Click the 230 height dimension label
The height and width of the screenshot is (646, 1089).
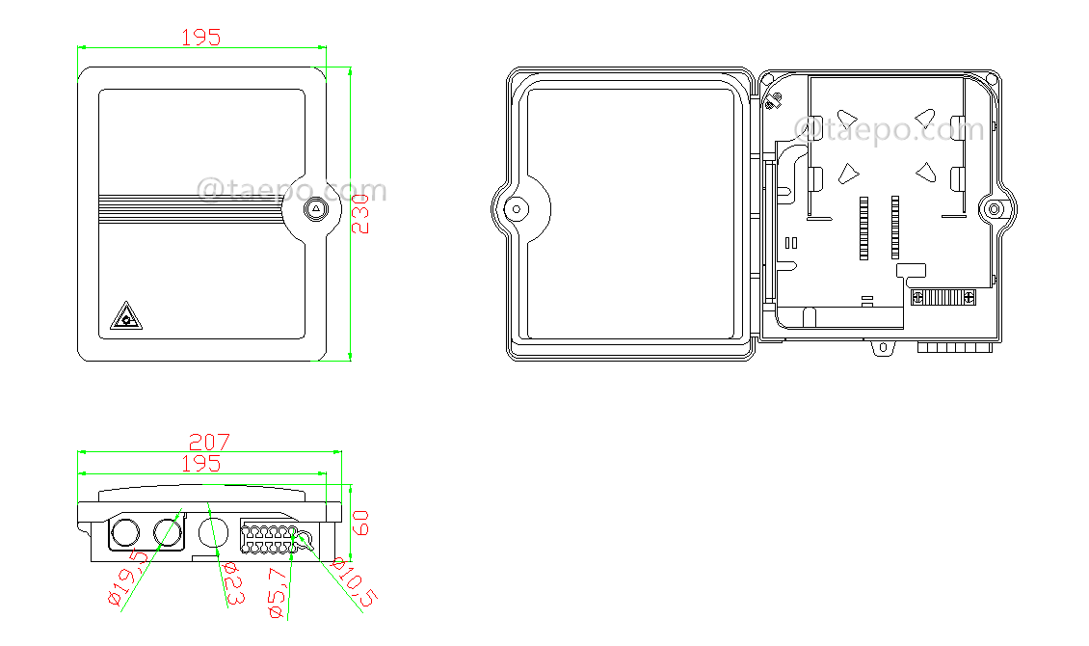pyautogui.click(x=360, y=213)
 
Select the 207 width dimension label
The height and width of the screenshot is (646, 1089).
pyautogui.click(x=209, y=442)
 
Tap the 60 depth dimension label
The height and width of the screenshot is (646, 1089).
pyautogui.click(x=360, y=524)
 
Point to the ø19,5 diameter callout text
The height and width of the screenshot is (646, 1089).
pyautogui.click(x=127, y=578)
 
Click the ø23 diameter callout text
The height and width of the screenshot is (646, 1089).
pyautogui.click(x=231, y=582)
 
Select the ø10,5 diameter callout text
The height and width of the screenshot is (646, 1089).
pyautogui.click(x=351, y=582)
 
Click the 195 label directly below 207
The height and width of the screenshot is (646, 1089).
pyautogui.click(x=200, y=464)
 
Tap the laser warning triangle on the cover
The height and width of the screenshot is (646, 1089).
pyautogui.click(x=123, y=315)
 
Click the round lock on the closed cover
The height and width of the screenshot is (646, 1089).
pyautogui.click(x=317, y=210)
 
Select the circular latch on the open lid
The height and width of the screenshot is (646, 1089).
pyautogui.click(x=517, y=208)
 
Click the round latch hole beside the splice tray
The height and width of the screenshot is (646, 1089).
pyautogui.click(x=994, y=208)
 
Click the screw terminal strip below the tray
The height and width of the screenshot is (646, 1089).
pyautogui.click(x=943, y=298)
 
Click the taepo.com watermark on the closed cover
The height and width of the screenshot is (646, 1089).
pyautogui.click(x=292, y=189)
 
